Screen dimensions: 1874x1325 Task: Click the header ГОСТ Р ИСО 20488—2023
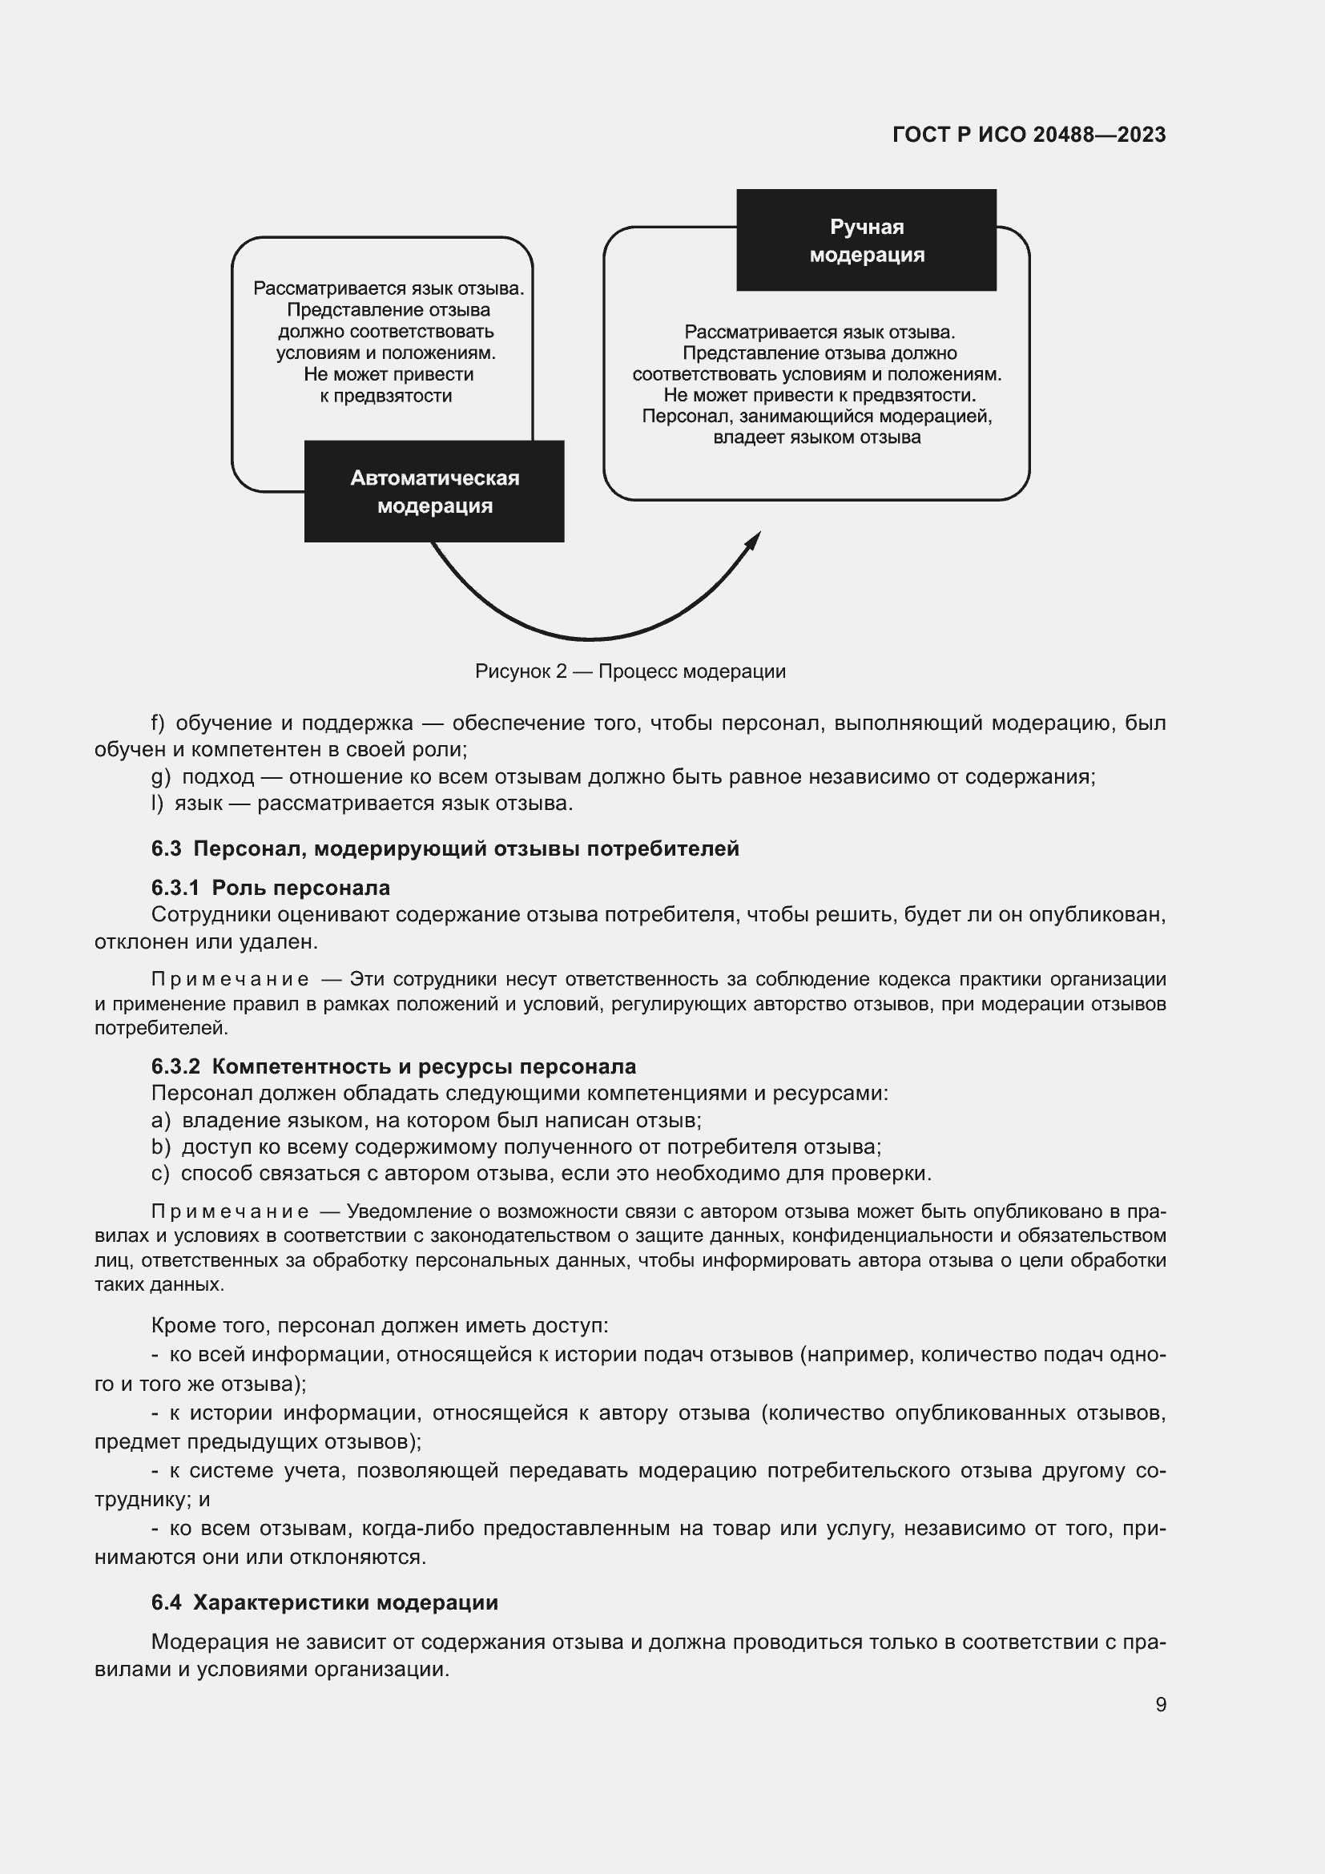pos(1029,135)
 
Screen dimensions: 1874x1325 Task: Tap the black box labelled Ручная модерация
pos(867,240)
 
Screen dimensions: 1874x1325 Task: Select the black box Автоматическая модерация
pos(434,491)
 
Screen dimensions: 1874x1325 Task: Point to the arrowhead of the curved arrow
pos(755,539)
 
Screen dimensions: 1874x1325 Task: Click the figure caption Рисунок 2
pos(630,671)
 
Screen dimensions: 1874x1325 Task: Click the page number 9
pos(1160,1704)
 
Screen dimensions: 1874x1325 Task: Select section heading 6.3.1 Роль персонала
pos(270,887)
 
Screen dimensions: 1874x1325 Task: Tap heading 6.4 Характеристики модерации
pos(324,1602)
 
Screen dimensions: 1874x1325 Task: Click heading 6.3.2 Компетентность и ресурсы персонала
pos(393,1066)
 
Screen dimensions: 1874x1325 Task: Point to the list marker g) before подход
pos(160,776)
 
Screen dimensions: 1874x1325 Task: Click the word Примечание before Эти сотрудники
pos(230,978)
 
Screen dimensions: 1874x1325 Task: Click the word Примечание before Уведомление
pos(230,1211)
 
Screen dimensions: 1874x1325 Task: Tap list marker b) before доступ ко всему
pos(160,1147)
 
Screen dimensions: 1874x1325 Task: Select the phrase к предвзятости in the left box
pos(386,396)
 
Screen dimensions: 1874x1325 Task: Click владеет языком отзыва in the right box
pos(816,437)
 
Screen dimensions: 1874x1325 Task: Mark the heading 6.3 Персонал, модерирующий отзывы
pos(445,848)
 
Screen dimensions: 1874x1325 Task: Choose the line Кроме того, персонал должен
pos(380,1325)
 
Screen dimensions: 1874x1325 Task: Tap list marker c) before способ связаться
pos(160,1174)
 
